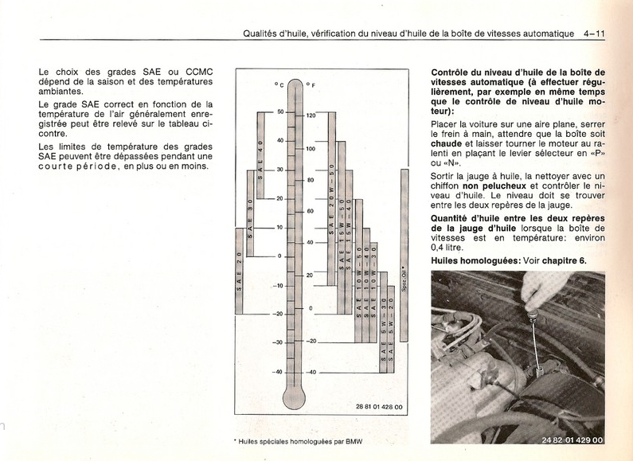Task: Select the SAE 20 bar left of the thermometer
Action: [239, 270]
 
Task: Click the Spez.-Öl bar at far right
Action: [404, 263]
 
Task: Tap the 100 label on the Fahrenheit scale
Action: [311, 149]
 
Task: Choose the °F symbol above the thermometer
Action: [311, 84]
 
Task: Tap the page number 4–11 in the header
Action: [594, 33]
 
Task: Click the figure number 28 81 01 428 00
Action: [380, 407]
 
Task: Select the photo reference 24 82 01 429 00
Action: [572, 440]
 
